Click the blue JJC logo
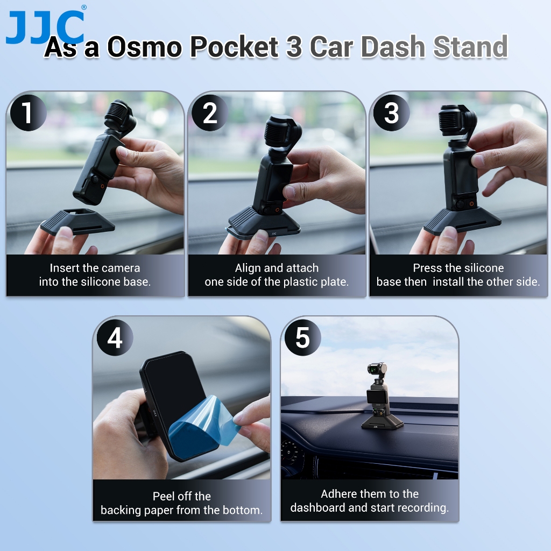tap(45, 27)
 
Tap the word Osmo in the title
tap(144, 46)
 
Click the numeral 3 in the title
tap(294, 46)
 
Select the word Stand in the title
tap(470, 46)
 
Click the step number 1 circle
tap(28, 113)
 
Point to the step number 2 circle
tap(210, 113)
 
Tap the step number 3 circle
tap(391, 113)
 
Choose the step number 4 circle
tap(115, 338)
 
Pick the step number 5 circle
tap(302, 338)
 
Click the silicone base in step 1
tap(77, 221)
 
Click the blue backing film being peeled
tap(203, 427)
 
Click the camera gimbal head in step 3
tap(457, 121)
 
